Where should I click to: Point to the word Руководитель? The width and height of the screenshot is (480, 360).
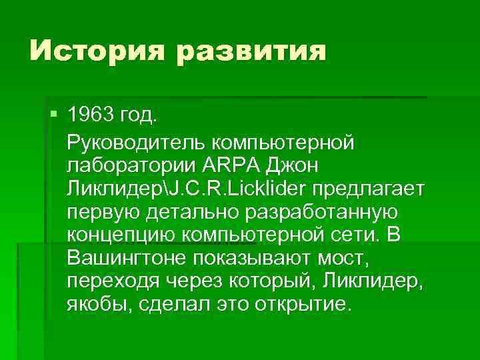[137, 142]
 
